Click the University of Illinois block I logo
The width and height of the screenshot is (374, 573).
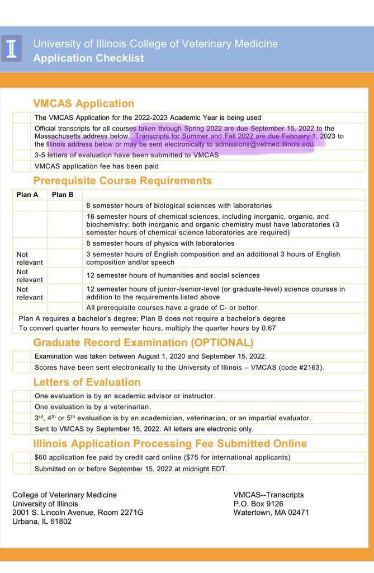[x=12, y=49]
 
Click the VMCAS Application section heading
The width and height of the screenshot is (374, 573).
[x=83, y=104]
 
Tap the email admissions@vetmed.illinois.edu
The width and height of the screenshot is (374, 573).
[x=264, y=144]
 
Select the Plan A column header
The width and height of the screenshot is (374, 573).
[x=27, y=195]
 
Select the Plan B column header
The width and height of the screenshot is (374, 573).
[x=63, y=195]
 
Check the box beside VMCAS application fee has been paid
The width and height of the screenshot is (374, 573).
[x=22, y=166]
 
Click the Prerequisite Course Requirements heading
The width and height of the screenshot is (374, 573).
[x=122, y=181]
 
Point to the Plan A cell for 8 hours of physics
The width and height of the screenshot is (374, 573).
[x=30, y=243]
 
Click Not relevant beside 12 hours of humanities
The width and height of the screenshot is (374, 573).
[x=30, y=275]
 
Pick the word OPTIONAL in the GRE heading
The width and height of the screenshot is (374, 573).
[x=222, y=342]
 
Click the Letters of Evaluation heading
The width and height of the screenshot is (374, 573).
[x=87, y=382]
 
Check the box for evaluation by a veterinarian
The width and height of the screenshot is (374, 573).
[x=22, y=407]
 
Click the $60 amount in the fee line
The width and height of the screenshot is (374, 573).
[x=41, y=457]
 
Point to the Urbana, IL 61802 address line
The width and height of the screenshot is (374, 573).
[x=42, y=522]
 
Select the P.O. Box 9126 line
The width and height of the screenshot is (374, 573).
[x=258, y=504]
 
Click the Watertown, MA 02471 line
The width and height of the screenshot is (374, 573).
[x=271, y=513]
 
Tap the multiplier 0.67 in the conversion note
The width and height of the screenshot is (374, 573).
[x=268, y=328]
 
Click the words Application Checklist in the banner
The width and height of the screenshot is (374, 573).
[x=88, y=58]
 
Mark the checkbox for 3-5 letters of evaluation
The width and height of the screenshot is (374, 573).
[x=22, y=155]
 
